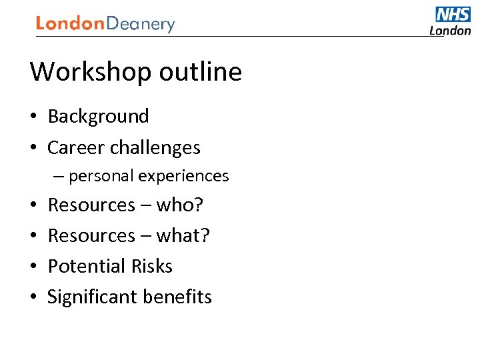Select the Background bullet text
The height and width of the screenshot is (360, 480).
coord(99,117)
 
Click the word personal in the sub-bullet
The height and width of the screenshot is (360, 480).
coord(101,176)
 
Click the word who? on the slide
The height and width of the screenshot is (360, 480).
coord(180,205)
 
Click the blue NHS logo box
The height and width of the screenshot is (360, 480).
coord(453,15)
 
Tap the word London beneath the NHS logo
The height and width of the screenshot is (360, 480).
coord(450,30)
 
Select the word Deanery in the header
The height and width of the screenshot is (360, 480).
coord(141,25)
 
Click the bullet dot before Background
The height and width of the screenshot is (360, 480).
coord(33,117)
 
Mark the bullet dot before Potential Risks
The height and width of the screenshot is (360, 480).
coord(33,267)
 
